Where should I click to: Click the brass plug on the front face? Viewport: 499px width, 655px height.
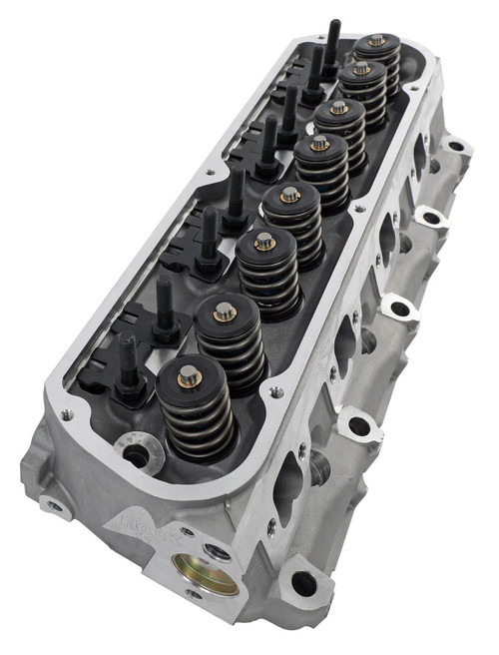point(205,572)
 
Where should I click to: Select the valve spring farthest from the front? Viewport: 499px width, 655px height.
point(376,60)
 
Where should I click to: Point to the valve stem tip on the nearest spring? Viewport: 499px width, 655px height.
point(190,376)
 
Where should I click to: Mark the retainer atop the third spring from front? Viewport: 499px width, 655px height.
point(264,241)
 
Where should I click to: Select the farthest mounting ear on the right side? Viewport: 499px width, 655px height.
point(457,148)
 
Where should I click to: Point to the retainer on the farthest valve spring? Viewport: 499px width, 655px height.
point(376,41)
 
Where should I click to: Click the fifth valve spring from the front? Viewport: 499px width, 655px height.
point(319,164)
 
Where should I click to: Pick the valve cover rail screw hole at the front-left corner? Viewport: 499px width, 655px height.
point(67,412)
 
